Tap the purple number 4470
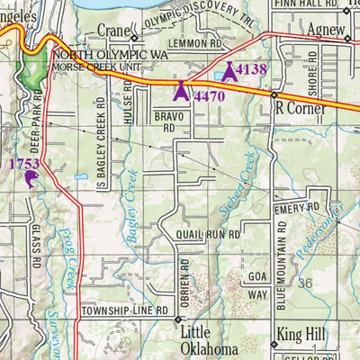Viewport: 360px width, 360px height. tap(209, 94)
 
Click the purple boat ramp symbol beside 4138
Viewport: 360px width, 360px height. tap(229, 70)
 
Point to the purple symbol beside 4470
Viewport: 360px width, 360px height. tap(180, 91)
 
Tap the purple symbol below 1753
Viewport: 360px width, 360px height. tap(31, 180)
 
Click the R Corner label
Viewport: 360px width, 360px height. tap(297, 105)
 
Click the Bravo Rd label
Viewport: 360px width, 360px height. tap(168, 121)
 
